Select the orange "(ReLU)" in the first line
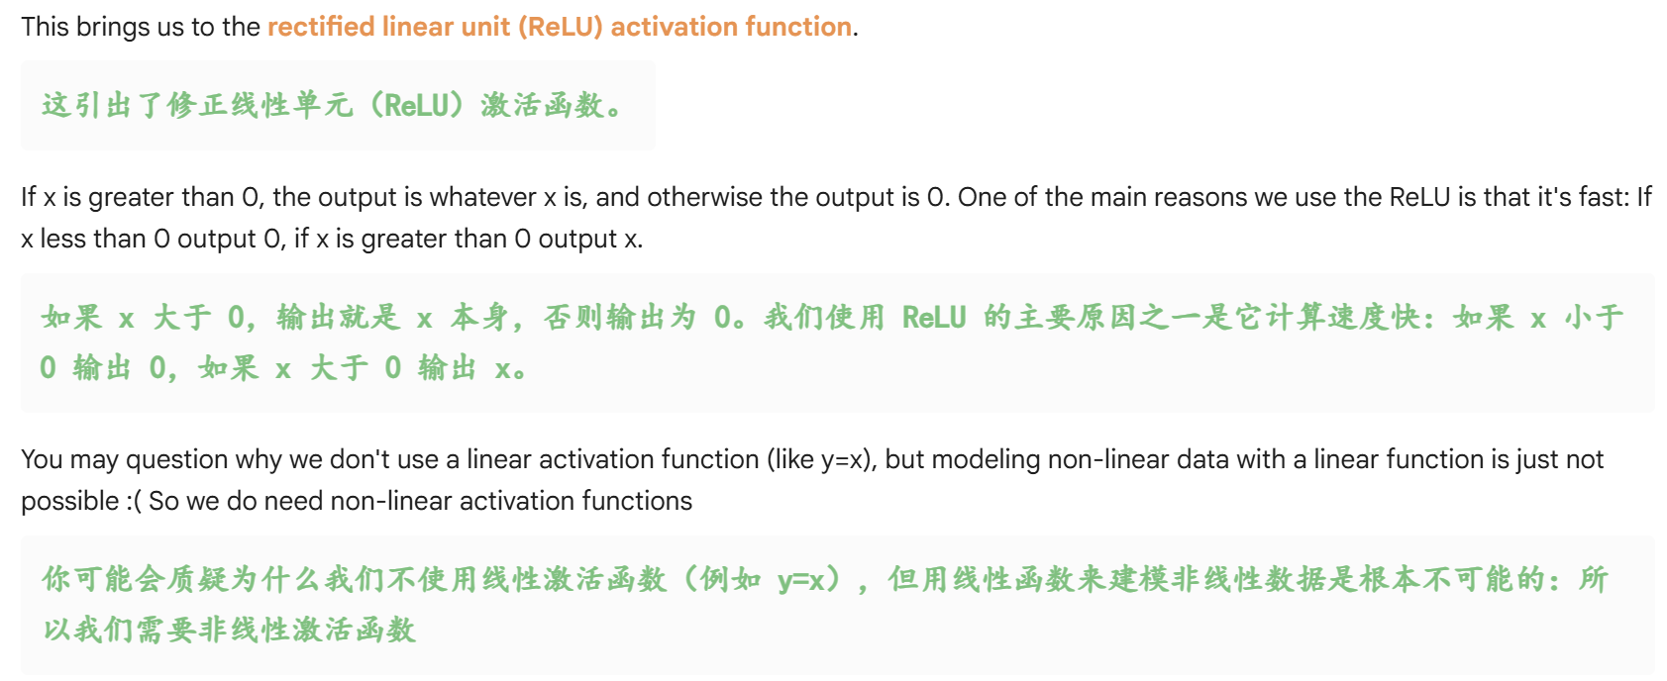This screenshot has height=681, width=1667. (x=561, y=27)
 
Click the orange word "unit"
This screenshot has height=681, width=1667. (x=484, y=27)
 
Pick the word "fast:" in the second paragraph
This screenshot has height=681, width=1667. (x=1603, y=197)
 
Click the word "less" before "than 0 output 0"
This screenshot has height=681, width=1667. (x=62, y=239)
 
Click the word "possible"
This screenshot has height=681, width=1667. (x=69, y=501)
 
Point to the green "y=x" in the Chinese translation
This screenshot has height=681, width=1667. (x=801, y=579)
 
